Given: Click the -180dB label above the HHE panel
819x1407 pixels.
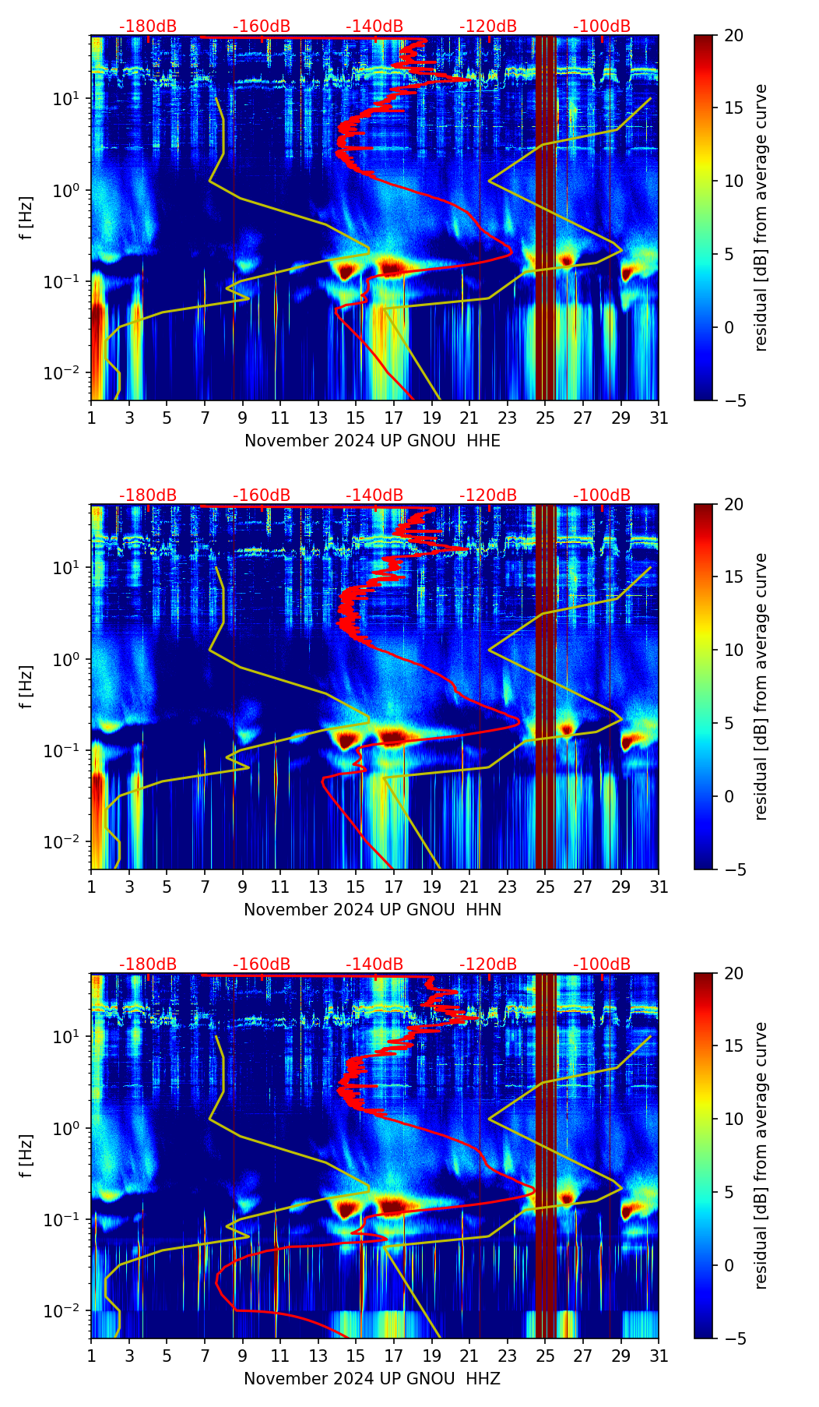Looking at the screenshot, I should click(x=148, y=26).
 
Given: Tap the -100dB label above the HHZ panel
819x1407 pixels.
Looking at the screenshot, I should click(x=602, y=964).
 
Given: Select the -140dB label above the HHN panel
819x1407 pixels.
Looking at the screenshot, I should click(x=374, y=495).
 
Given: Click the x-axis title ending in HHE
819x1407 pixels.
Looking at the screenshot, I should click(x=372, y=441).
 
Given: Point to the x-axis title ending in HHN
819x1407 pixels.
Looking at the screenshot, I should click(x=372, y=910).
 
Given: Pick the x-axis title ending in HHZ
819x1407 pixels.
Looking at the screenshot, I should click(x=372, y=1379).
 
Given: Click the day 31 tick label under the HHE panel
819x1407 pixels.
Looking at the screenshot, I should click(x=659, y=418).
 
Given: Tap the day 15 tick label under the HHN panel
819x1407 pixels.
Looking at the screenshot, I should click(x=356, y=887).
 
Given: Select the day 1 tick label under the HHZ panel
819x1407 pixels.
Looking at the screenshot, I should click(x=91, y=1356).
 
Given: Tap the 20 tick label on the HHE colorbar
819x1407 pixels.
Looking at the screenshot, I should click(x=734, y=36).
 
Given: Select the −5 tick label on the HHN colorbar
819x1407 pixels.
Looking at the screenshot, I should click(x=734, y=869).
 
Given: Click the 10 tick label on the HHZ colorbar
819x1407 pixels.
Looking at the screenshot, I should click(x=734, y=1119).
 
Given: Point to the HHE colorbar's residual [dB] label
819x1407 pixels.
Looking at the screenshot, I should click(x=761, y=218).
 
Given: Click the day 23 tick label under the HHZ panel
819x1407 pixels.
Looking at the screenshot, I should click(x=508, y=1356).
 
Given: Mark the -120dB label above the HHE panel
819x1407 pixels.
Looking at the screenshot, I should click(x=488, y=26).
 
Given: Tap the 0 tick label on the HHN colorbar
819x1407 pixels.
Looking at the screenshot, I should click(x=729, y=796).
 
